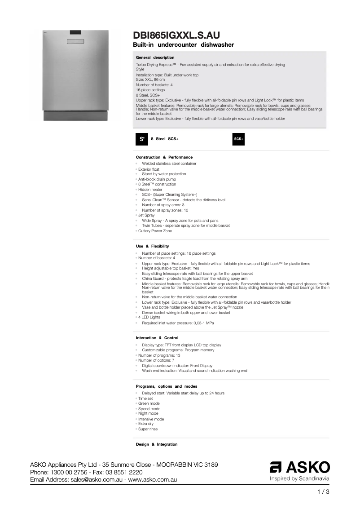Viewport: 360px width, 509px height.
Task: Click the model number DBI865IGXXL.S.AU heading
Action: tap(176, 35)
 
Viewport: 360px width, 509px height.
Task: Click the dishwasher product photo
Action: tap(75, 75)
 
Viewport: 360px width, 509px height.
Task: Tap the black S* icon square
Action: tap(142, 139)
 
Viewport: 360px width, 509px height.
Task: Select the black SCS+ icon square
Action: tap(238, 139)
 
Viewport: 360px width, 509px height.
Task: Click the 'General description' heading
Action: tap(155, 58)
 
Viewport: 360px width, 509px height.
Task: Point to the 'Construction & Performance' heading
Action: tap(164, 157)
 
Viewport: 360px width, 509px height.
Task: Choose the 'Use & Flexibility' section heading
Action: tap(152, 246)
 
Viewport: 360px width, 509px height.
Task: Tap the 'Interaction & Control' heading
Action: tap(157, 338)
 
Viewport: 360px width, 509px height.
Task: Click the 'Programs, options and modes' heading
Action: tap(167, 386)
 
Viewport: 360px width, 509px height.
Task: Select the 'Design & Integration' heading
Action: tap(157, 444)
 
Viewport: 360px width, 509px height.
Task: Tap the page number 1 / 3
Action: tap(323, 491)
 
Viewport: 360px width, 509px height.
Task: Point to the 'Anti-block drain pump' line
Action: tap(157, 179)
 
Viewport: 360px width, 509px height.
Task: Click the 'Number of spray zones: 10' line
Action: tap(165, 210)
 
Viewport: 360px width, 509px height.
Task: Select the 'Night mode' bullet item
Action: tap(148, 413)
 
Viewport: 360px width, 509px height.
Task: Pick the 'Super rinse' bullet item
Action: tap(148, 429)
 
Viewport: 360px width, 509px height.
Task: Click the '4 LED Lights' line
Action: tap(149, 317)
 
